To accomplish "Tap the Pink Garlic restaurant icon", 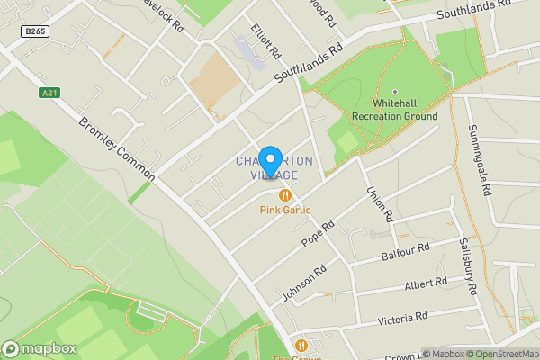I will coord(285,195).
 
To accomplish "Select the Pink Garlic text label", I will coord(285,211).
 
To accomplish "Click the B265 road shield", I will coord(36,31).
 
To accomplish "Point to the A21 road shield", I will coord(50,92).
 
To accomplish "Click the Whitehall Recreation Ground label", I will coord(395,111).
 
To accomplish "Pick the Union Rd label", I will coord(380,204).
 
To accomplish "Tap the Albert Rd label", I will coord(426,284).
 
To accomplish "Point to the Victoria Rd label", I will coord(402,319).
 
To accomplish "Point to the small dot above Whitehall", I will coord(394,92).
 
